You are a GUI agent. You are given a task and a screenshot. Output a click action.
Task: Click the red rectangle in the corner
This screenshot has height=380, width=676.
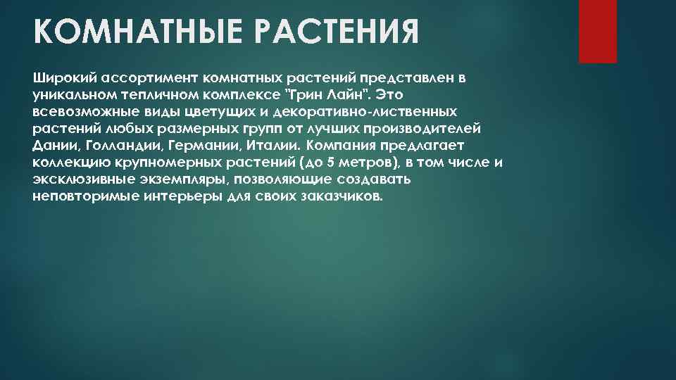click(x=597, y=31)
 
